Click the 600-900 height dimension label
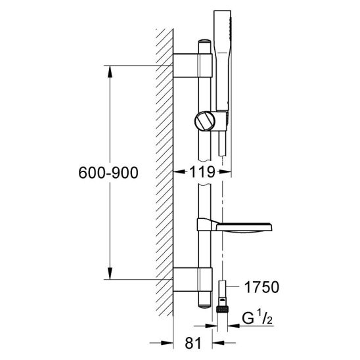[x=108, y=173]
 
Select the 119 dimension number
[x=202, y=172]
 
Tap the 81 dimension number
[x=193, y=343]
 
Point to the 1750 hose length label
[x=261, y=287]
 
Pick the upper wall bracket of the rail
[x=192, y=66]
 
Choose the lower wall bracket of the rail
[x=192, y=279]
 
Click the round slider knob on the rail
[x=205, y=121]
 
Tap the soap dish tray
[x=234, y=225]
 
